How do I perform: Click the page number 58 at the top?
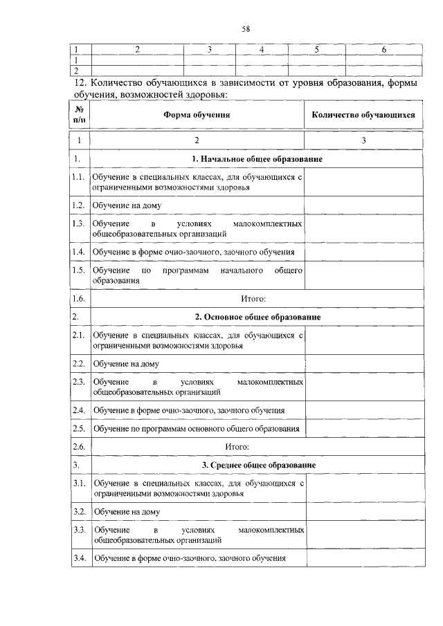click(x=245, y=28)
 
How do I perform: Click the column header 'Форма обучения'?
click(x=197, y=116)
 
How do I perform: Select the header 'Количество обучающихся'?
click(x=363, y=116)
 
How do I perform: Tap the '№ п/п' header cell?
click(x=80, y=116)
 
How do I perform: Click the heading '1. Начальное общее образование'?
click(x=257, y=160)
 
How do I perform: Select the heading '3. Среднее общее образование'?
click(x=257, y=464)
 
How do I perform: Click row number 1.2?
click(x=79, y=205)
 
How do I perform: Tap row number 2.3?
click(x=79, y=382)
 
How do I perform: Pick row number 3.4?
click(x=79, y=558)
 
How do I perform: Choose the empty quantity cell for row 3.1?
click(x=363, y=488)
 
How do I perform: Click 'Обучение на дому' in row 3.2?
click(x=127, y=512)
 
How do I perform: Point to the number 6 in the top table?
click(x=383, y=50)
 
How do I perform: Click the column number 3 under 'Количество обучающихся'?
click(x=363, y=140)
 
